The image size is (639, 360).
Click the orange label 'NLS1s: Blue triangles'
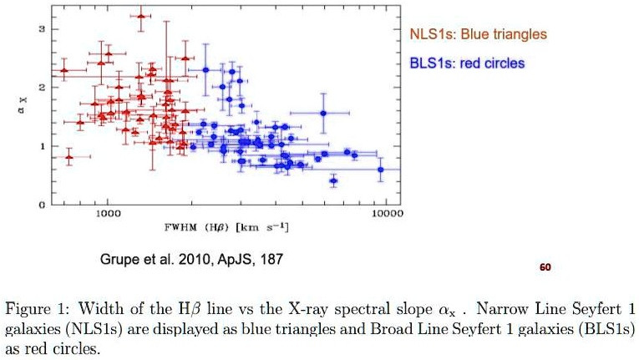477,34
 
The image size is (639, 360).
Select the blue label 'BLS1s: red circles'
467,63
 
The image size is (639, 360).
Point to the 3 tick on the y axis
31,30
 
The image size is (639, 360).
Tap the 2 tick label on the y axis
31,88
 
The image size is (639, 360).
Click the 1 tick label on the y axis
31,146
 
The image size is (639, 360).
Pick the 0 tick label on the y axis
31,204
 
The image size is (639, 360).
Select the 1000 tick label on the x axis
108,214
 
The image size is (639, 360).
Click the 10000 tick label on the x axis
387,214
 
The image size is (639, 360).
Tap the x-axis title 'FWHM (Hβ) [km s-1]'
227,227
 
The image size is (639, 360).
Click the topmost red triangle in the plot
141,15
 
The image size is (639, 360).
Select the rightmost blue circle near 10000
381,170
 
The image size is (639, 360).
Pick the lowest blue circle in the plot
333,180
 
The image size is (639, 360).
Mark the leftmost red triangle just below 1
69,157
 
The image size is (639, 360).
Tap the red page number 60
545,267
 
